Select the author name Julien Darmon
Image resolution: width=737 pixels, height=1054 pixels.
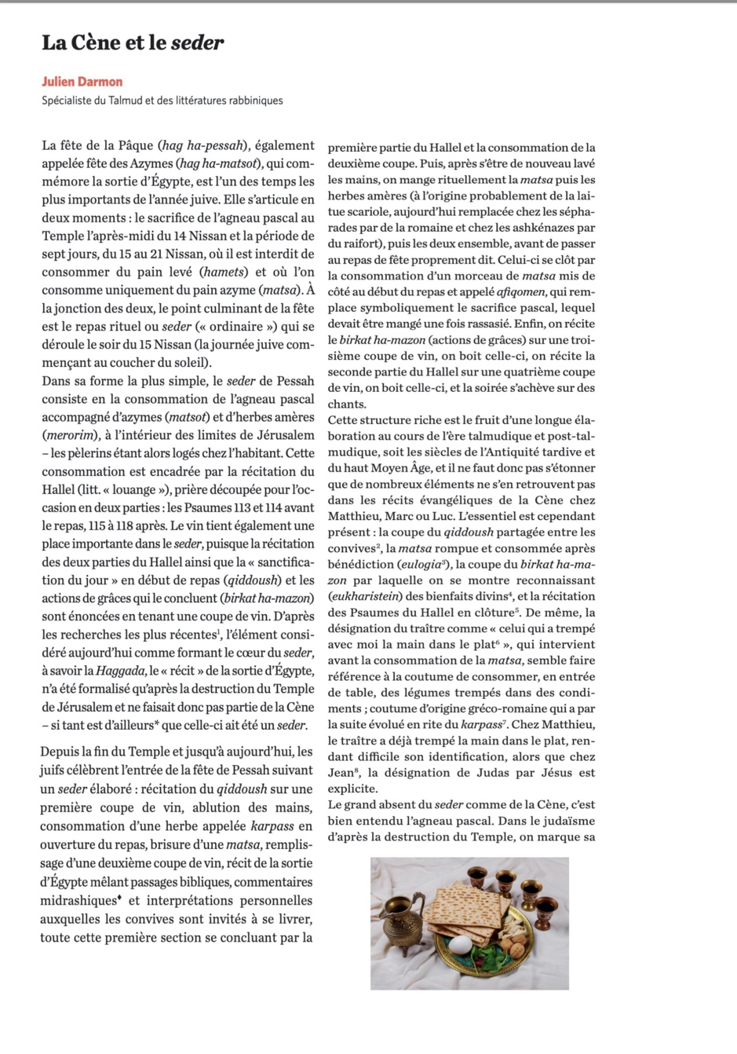82,82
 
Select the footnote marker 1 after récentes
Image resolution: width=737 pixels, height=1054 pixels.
219,631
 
